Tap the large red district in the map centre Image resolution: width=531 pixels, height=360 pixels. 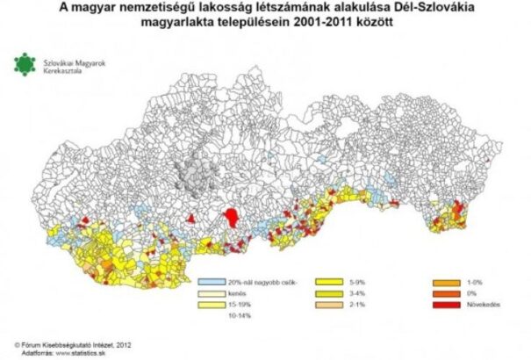[x=233, y=217]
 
